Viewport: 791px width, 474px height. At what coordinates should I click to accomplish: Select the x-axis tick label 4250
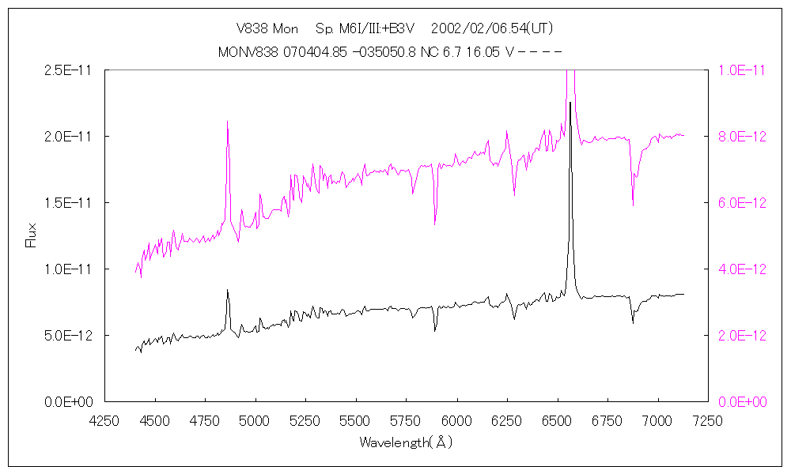[104, 420]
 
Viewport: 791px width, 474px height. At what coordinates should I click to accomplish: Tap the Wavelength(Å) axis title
[406, 442]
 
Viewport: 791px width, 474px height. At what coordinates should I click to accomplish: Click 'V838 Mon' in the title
[267, 29]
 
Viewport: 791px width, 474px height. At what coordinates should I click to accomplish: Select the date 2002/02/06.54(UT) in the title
[492, 29]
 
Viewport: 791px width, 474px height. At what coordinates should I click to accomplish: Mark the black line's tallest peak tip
[570, 102]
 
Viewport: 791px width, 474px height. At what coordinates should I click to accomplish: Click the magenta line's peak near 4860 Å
[228, 122]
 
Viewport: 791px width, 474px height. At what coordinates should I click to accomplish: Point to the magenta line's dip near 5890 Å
[435, 224]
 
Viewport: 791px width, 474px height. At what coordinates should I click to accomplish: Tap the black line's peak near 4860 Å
[228, 290]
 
